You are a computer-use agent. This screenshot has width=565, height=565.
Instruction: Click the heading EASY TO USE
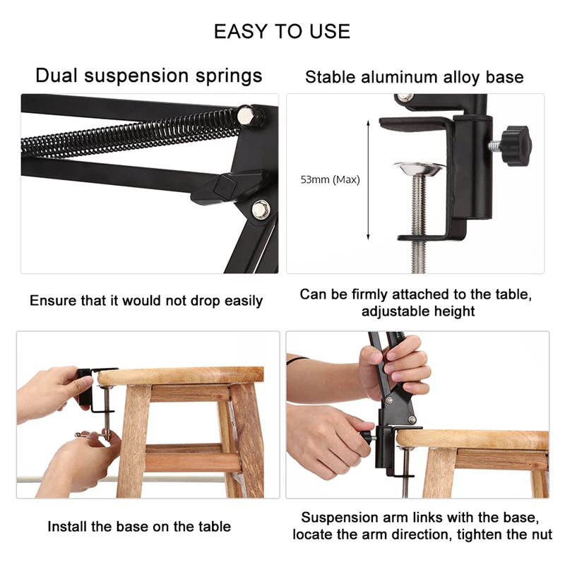pyautogui.click(x=282, y=31)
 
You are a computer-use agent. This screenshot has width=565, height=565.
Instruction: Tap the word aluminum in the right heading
pyautogui.click(x=397, y=77)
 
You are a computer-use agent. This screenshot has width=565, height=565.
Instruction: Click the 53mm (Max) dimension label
pyautogui.click(x=330, y=180)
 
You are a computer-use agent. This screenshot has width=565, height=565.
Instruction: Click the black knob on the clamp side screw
pyautogui.click(x=518, y=144)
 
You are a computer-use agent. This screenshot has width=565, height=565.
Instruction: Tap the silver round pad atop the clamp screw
pyautogui.click(x=419, y=168)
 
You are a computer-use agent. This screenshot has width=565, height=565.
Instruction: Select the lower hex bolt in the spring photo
pyautogui.click(x=260, y=208)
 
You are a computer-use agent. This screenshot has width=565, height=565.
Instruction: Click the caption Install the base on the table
pyautogui.click(x=139, y=526)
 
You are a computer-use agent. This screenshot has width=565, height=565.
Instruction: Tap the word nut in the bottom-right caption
pyautogui.click(x=539, y=535)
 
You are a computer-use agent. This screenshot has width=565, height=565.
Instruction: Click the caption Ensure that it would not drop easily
pyautogui.click(x=146, y=301)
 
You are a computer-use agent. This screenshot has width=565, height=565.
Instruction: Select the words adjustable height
pyautogui.click(x=418, y=311)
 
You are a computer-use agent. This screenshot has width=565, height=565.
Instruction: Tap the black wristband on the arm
pyautogui.click(x=295, y=358)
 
